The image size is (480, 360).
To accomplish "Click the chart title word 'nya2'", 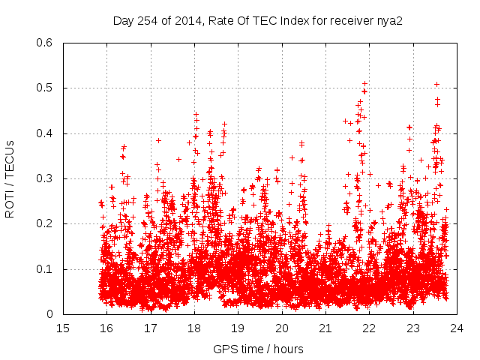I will pos(390,21).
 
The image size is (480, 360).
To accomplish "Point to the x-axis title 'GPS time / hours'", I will pos(259,349).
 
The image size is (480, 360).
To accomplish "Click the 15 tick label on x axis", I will pos(63,328).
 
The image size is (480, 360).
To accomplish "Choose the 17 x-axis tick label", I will pos(151,328).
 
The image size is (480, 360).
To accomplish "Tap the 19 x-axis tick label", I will pos(238,328).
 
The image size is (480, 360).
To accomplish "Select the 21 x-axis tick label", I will pos(326,328).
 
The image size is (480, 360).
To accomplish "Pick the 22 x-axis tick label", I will pos(370,328).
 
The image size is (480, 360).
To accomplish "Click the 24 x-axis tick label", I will pos(457,328).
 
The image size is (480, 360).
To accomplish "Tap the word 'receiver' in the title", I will pos(351,21).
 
